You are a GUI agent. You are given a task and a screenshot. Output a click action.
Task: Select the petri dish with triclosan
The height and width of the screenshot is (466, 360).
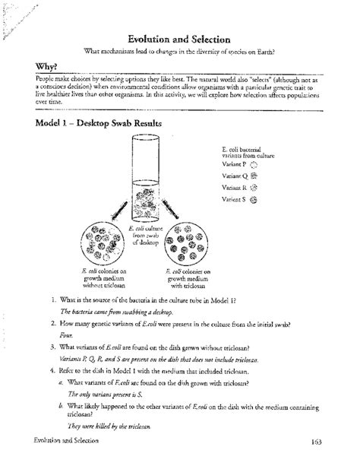185,240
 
